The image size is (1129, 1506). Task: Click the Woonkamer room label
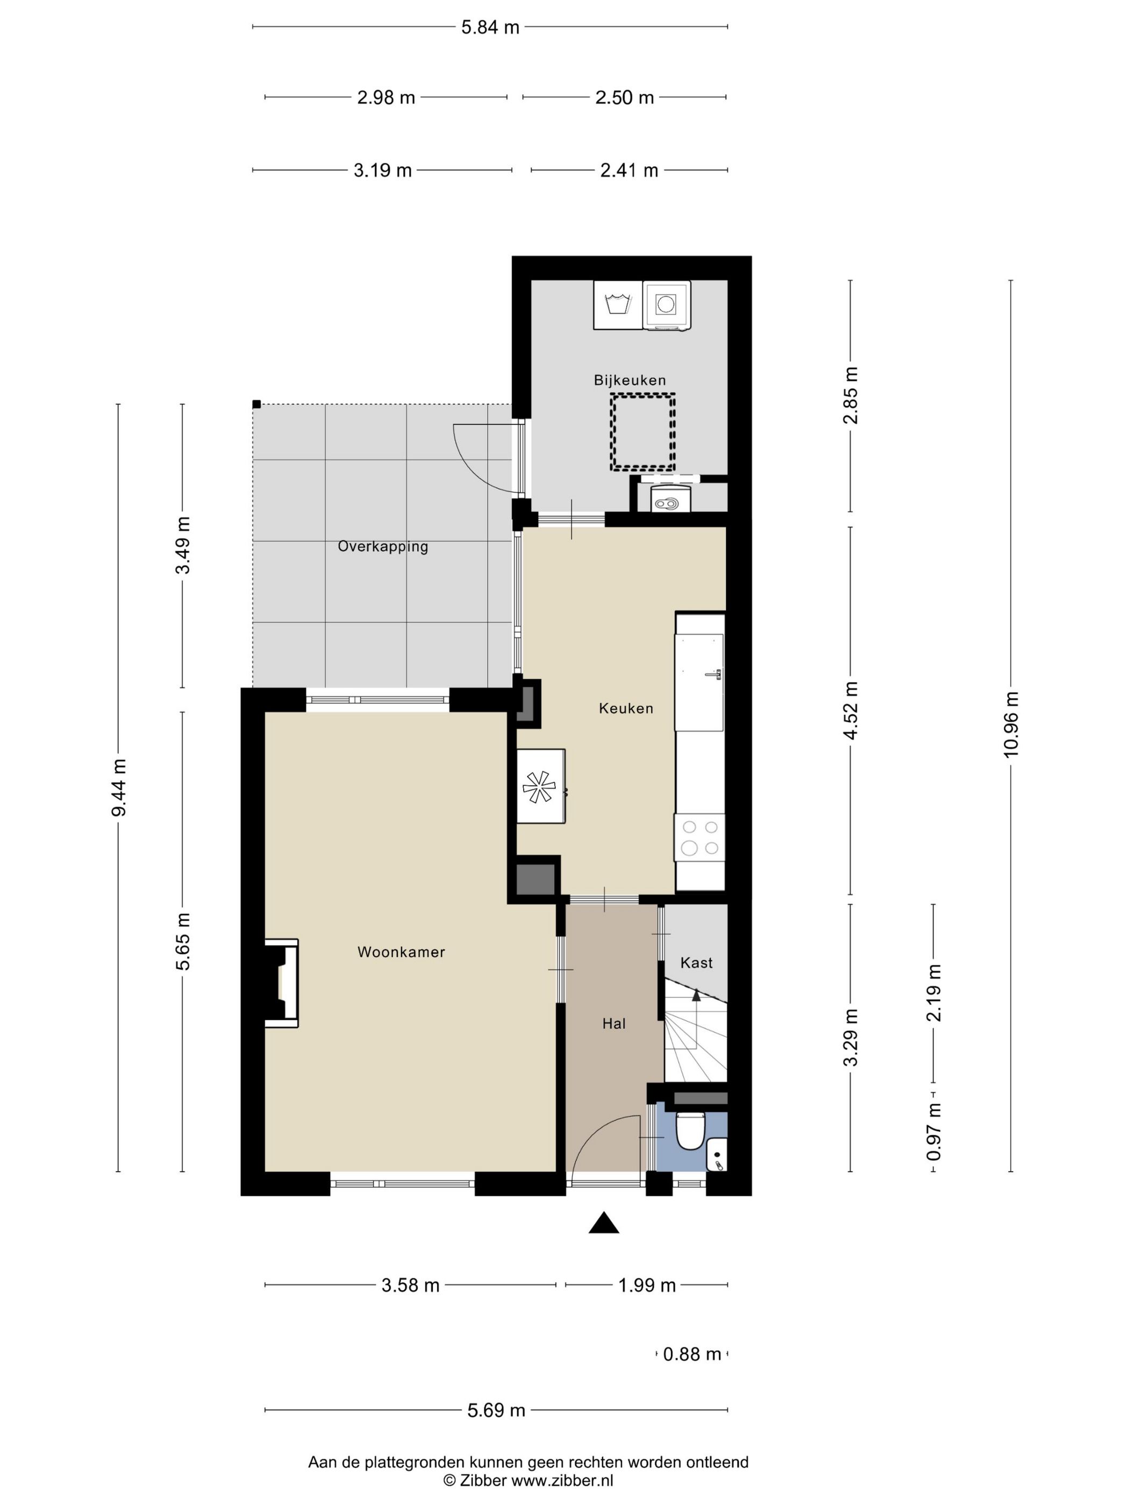point(401,952)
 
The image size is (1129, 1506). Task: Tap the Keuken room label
point(625,708)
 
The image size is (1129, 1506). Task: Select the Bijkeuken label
point(630,380)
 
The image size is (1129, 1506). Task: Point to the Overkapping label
point(382,546)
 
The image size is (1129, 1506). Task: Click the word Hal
point(613,1024)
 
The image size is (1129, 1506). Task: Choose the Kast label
point(696,962)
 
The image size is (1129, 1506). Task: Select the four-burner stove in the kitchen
point(699,837)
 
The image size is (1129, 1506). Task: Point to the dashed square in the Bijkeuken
point(642,432)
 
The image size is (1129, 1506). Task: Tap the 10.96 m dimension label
point(1011,724)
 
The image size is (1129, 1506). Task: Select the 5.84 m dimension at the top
point(490,27)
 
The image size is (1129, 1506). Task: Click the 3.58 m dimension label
point(410,1285)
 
